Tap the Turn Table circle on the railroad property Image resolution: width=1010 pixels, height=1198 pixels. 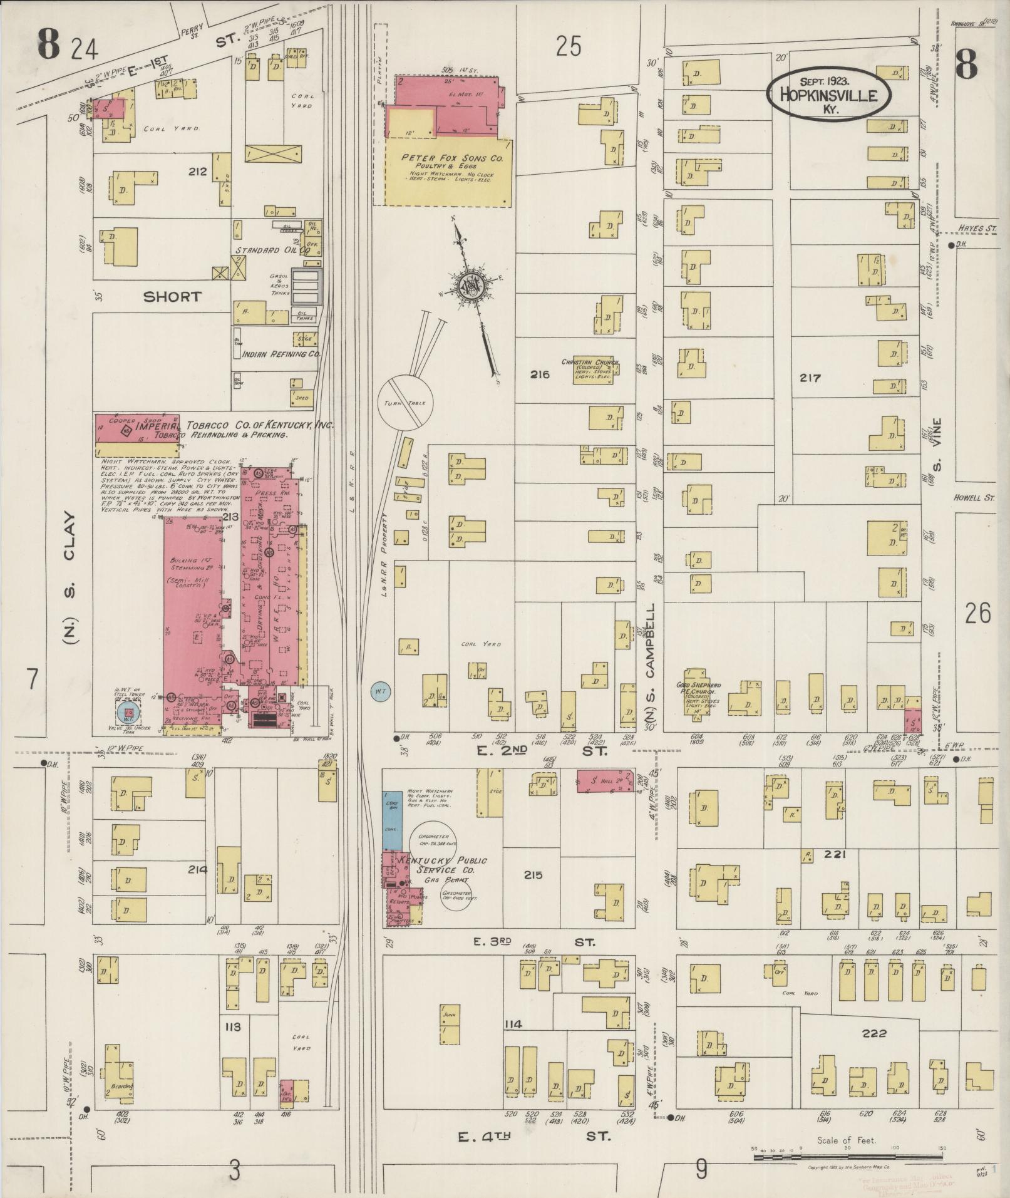[405, 403]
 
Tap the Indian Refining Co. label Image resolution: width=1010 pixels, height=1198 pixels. [281, 354]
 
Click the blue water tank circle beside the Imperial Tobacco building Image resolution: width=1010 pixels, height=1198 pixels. [129, 713]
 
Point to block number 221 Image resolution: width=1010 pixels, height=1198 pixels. [835, 854]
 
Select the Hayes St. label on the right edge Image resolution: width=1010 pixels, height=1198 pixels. [977, 230]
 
